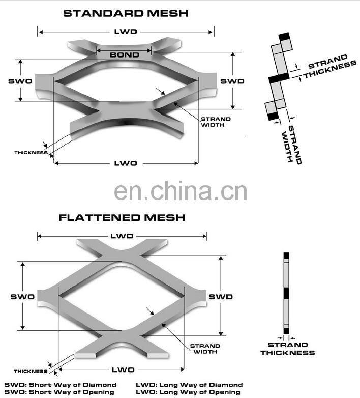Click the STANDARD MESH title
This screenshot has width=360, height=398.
126,13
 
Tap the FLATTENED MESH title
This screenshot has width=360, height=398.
122,217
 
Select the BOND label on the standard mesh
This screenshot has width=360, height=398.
125,55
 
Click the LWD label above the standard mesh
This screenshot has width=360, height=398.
126,32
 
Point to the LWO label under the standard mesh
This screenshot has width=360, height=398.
126,163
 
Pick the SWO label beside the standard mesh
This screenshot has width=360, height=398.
20,81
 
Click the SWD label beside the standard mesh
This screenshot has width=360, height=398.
232,81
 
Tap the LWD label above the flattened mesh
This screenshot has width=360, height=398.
122,236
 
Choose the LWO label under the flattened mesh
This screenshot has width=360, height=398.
123,369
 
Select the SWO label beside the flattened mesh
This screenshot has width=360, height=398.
22,297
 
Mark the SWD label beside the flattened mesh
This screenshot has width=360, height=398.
221,297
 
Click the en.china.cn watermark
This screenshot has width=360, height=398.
181,190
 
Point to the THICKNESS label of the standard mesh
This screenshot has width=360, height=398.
31,153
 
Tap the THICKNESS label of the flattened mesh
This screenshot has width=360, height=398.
31,371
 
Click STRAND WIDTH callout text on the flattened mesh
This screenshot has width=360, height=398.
205,349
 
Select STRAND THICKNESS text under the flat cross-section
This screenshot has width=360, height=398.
288,349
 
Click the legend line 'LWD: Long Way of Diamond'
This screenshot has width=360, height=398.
189,385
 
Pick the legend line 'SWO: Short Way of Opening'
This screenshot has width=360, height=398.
59,392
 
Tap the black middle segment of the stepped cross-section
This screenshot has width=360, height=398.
279,77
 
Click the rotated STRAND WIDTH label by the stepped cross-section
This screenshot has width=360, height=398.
292,145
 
